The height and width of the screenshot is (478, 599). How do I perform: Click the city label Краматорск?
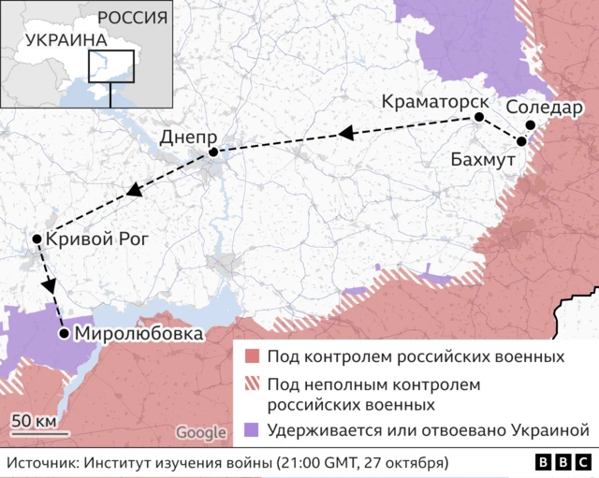coord(433,100)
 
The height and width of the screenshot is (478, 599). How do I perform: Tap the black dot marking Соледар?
coord(530,124)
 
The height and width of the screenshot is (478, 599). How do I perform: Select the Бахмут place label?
coord(483,160)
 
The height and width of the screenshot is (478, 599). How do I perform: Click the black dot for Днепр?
coord(213,152)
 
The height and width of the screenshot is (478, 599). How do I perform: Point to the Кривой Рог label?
coord(96,239)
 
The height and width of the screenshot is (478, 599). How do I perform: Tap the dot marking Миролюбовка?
coord(63,332)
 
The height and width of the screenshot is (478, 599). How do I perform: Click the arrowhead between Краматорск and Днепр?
coord(345,135)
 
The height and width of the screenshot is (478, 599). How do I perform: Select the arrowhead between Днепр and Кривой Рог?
coord(134,193)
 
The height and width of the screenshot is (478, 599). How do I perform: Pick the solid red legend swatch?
coord(251,357)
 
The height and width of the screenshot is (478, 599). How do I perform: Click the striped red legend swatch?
coord(251,385)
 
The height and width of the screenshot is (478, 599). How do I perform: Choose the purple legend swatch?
coord(251,431)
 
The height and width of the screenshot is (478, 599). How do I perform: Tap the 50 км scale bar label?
coord(34,418)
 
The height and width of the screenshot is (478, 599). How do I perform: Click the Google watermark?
coord(200,433)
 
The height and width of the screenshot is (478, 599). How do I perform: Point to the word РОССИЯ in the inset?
coord(133,18)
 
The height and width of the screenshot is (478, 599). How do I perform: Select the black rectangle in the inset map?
coord(111,65)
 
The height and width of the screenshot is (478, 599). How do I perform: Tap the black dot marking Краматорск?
coord(479,117)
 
